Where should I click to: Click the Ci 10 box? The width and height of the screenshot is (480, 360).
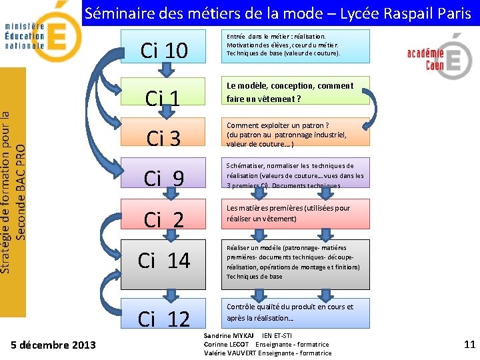164,50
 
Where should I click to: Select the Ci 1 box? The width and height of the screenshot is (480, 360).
164,97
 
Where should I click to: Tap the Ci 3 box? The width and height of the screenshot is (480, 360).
164,138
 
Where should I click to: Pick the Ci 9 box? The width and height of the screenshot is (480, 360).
164,178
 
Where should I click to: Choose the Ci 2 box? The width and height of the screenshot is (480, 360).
164,218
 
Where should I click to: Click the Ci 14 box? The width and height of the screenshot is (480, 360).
164,260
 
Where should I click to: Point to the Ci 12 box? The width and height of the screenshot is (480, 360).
164,319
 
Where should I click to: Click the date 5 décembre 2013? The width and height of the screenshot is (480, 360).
54,345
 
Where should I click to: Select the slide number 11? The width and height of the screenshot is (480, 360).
469,345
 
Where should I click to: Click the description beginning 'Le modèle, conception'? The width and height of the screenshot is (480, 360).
290,92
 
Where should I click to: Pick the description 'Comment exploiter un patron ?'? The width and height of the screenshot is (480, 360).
278,125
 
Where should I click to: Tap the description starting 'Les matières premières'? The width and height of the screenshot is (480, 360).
288,213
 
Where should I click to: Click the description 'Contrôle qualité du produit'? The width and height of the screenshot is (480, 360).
290,312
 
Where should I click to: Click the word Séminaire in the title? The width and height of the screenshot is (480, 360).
119,13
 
